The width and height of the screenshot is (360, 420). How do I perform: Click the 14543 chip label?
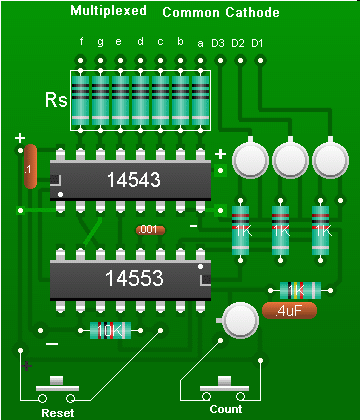[133, 180]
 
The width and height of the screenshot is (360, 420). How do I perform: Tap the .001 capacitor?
[149, 230]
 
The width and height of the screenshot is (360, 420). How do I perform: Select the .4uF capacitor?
[289, 311]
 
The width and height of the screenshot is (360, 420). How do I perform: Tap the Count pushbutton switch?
[224, 386]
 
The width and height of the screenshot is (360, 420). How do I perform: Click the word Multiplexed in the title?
[108, 12]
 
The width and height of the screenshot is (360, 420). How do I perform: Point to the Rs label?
[55, 101]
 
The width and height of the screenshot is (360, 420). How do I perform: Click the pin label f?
[81, 42]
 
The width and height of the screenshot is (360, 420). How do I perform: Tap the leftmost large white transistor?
[248, 159]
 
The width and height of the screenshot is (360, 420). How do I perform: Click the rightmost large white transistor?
[328, 159]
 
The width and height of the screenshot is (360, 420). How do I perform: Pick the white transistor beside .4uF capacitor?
[240, 318]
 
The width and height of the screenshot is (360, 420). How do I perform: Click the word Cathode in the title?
[251, 12]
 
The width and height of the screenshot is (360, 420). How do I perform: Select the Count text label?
[225, 409]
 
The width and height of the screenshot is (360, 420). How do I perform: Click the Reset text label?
[57, 411]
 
